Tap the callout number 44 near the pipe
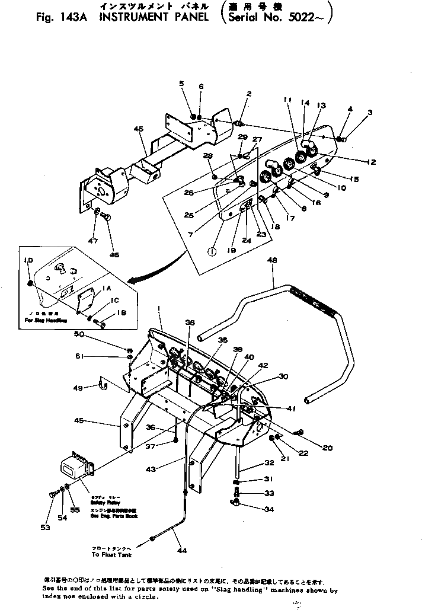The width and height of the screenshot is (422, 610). pos(181,551)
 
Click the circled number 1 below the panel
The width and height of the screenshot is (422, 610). pos(212,250)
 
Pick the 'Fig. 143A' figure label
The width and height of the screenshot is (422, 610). pos(59,17)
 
